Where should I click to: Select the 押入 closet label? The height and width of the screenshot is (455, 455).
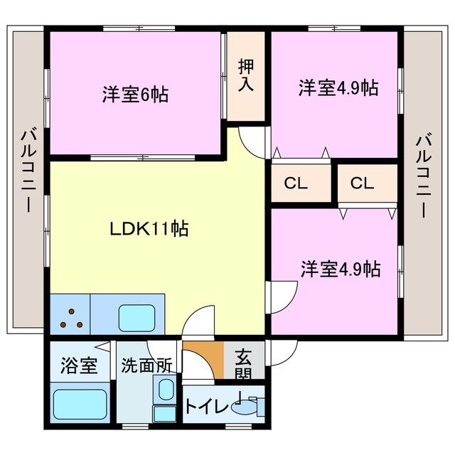(x=246, y=75)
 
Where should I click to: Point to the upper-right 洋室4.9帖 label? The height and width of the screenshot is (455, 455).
(x=338, y=88)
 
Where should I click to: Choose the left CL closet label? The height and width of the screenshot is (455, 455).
(x=295, y=183)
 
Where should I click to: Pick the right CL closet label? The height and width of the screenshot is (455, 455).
(x=361, y=183)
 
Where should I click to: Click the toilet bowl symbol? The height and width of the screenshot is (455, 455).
(x=250, y=407)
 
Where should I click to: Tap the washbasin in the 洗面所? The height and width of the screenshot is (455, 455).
(x=166, y=390)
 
